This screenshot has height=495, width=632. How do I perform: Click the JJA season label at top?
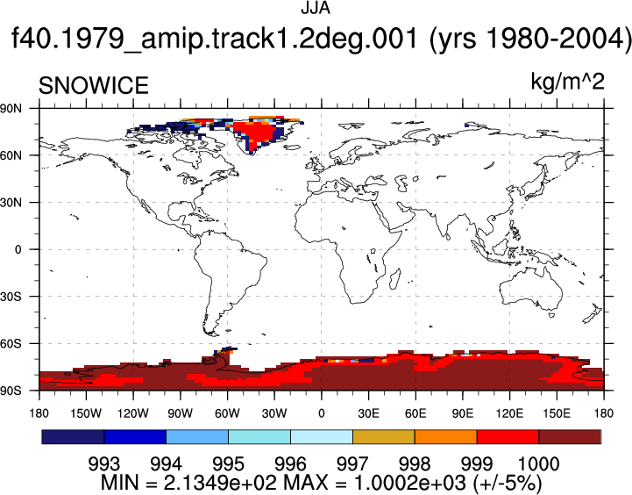[x=316, y=8]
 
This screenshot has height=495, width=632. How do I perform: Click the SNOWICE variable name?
[x=94, y=85]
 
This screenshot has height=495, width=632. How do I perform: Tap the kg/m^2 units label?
[x=567, y=82]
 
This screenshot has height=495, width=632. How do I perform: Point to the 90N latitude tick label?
[x=11, y=108]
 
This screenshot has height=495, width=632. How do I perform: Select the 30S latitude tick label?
[x=11, y=297]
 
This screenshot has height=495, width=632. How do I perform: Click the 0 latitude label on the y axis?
[x=18, y=249]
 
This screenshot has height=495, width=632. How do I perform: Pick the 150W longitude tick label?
[x=86, y=413]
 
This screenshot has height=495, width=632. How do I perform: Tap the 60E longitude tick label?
[x=415, y=413]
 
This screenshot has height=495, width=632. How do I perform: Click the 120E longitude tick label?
[x=509, y=413]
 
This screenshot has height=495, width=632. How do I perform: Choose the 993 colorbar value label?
[x=104, y=464]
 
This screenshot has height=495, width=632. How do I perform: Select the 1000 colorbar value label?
[x=538, y=464]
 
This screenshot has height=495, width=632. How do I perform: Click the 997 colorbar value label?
[x=352, y=464]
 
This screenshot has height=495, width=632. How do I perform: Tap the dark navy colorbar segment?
[x=73, y=437]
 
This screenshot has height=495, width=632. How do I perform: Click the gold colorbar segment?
[x=384, y=437]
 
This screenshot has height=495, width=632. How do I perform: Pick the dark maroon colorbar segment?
[x=570, y=437]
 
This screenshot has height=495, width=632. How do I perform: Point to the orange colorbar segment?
[x=446, y=437]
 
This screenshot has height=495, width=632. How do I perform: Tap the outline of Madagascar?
[x=395, y=279]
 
